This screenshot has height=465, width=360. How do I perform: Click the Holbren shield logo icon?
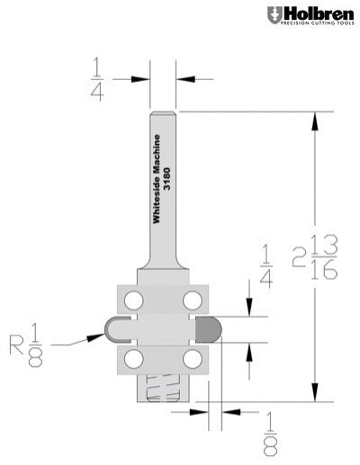pyautogui.click(x=274, y=14)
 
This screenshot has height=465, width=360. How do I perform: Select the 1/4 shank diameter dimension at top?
pyautogui.click(x=97, y=78)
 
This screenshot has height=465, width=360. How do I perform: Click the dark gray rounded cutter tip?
pyautogui.click(x=209, y=328)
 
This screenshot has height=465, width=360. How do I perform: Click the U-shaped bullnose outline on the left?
pyautogui.click(x=115, y=327)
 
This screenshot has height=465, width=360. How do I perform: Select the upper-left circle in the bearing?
pyautogui.click(x=133, y=298)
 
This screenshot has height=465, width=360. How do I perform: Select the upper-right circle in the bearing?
pyautogui.click(x=191, y=298)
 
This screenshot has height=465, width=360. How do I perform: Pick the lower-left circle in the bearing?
pyautogui.click(x=133, y=358)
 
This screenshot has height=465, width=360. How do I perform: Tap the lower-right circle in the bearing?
pyautogui.click(x=191, y=358)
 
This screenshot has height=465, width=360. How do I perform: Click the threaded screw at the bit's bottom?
pyautogui.click(x=162, y=389)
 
